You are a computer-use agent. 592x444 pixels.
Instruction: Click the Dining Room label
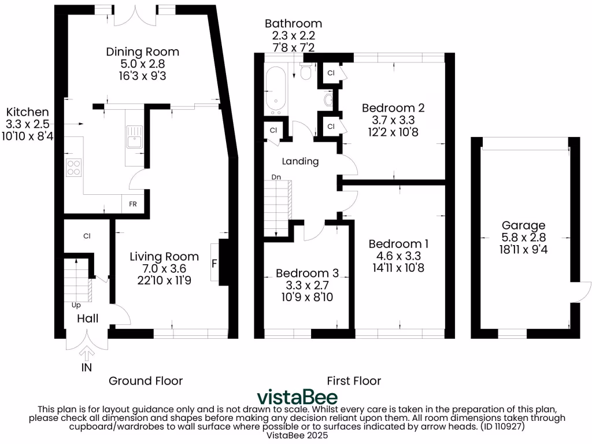pos(142,51)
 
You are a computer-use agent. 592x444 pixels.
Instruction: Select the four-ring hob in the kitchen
pos(74,167)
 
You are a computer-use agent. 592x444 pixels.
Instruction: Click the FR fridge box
pos(133,204)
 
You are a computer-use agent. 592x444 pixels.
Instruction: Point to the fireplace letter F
pos(214,263)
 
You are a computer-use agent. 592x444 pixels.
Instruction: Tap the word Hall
pos(88,319)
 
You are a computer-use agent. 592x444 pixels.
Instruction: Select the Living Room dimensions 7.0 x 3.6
pos(164,269)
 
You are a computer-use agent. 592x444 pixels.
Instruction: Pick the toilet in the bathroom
pos(305,72)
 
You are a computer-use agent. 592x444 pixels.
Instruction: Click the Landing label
pos(300,161)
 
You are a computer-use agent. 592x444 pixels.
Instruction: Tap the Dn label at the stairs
pos(276,177)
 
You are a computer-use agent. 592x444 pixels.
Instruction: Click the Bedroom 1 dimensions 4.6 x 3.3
pos(398,256)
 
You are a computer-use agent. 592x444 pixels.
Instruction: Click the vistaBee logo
pos(297,397)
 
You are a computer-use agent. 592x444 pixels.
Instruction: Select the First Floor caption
pos(354,380)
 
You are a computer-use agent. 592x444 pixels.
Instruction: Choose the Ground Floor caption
pos(146,380)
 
